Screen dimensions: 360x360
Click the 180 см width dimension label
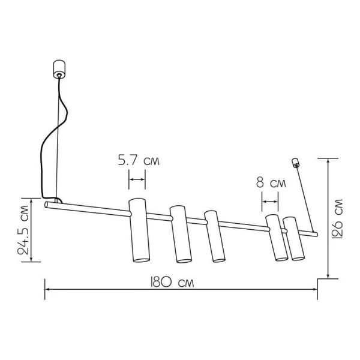(172, 282)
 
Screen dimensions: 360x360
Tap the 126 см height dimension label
(337, 219)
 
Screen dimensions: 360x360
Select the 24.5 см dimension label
(23, 230)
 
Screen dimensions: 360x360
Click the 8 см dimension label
(271, 183)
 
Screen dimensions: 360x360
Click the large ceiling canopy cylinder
(59, 70)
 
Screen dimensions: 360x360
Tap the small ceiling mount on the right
(295, 163)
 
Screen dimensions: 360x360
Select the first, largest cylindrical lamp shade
(139, 230)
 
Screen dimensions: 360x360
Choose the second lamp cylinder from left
(181, 234)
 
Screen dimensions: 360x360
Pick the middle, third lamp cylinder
(215, 236)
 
